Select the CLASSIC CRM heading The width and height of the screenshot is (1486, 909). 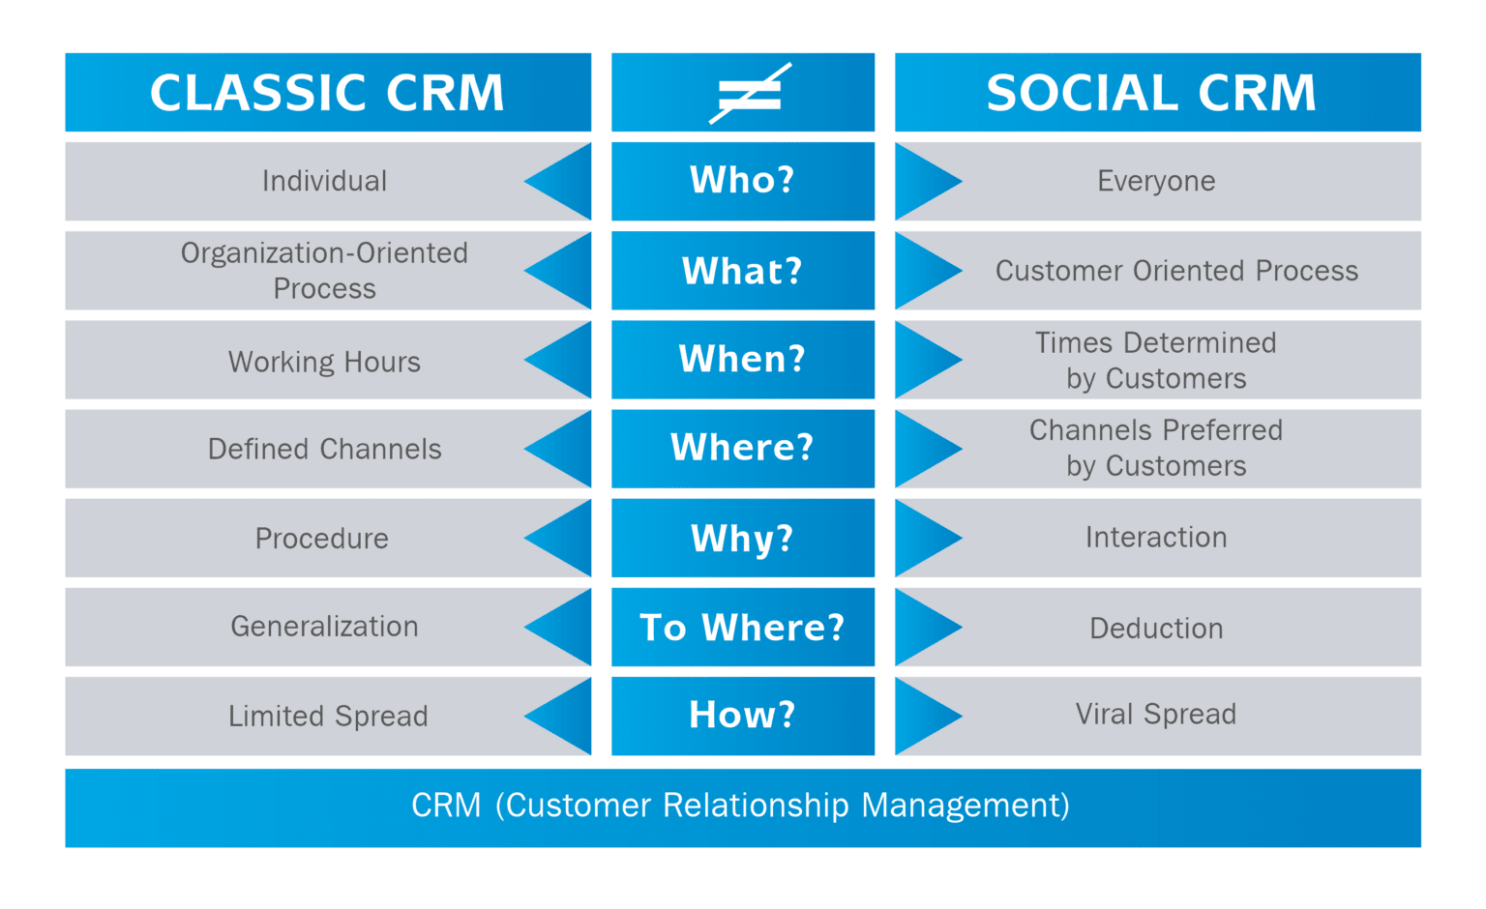pyautogui.click(x=327, y=94)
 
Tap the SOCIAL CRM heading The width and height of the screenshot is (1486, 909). pyautogui.click(x=1151, y=94)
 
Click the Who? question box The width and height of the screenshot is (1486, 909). pyautogui.click(x=742, y=181)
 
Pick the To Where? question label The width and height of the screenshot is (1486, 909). pyautogui.click(x=742, y=628)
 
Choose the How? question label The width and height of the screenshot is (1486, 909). pyautogui.click(x=742, y=716)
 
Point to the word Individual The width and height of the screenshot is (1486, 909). pyautogui.click(x=324, y=182)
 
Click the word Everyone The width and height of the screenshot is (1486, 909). pyautogui.click(x=1156, y=182)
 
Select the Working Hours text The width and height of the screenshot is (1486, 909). pyautogui.click(x=324, y=362)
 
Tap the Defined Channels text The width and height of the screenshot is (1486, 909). pyautogui.click(x=324, y=450)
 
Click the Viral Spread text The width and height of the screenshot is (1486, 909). pyautogui.click(x=1156, y=715)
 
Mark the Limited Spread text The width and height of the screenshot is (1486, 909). pyautogui.click(x=328, y=717)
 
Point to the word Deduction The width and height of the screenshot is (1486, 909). pyautogui.click(x=1156, y=629)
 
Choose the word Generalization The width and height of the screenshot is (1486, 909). pyautogui.click(x=324, y=627)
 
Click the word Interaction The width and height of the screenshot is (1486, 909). pyautogui.click(x=1156, y=538)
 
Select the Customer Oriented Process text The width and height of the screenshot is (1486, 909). pyautogui.click(x=1176, y=271)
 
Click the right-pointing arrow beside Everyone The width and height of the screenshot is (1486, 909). pyautogui.click(x=926, y=182)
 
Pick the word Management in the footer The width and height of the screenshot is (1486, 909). pyautogui.click(x=965, y=806)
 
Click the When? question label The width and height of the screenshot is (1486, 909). pyautogui.click(x=742, y=360)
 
